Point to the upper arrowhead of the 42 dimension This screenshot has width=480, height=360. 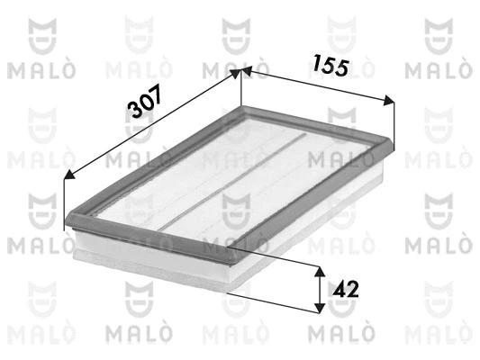click(x=320, y=270)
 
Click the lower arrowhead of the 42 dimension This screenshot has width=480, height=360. click(x=320, y=307)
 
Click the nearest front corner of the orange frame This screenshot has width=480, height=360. click(x=240, y=263)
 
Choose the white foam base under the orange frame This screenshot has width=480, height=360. click(x=162, y=261)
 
